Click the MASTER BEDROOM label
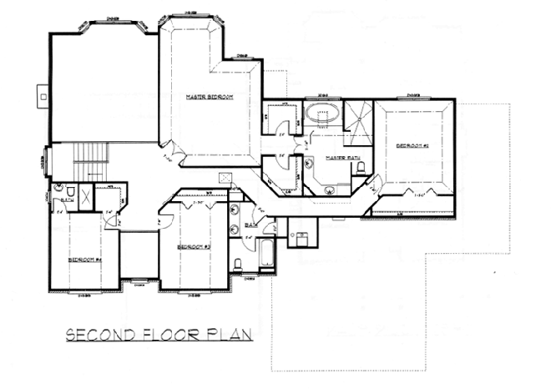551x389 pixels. tap(209, 98)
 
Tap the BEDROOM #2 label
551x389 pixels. tap(412, 146)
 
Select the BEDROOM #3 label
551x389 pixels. tap(193, 247)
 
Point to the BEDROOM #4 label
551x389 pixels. tap(85, 260)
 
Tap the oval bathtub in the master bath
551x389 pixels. tap(321, 114)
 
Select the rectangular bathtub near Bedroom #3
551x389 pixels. tap(266, 255)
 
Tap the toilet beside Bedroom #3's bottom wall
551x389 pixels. tap(239, 265)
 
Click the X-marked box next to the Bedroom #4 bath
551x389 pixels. tap(86, 193)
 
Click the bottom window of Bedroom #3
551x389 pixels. tap(194, 294)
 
